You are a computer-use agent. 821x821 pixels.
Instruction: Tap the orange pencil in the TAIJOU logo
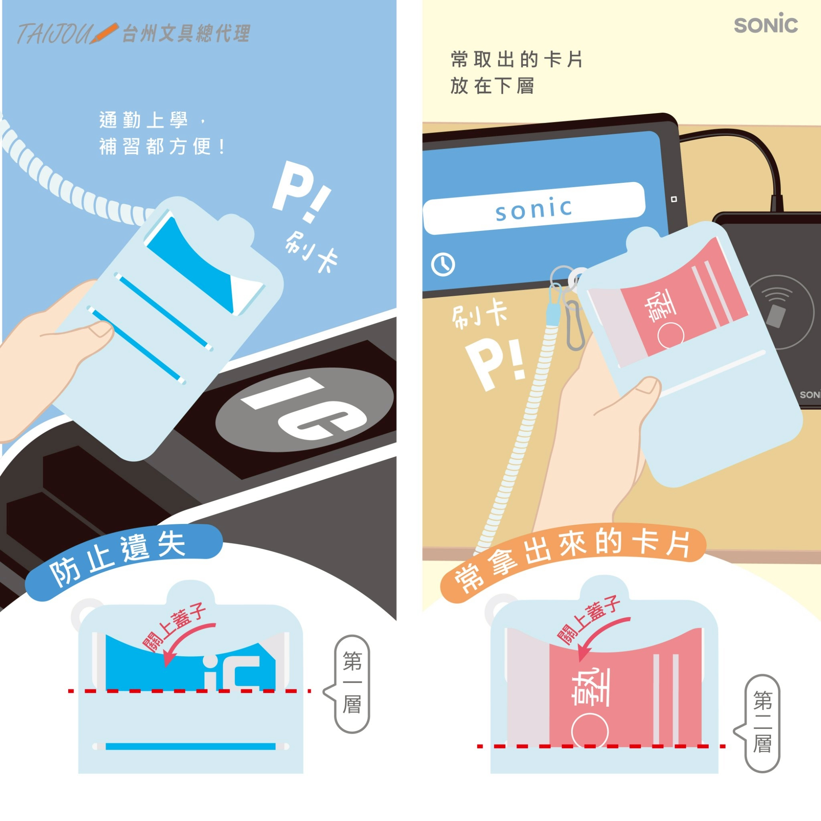(103, 33)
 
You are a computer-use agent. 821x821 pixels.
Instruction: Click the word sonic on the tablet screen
(534, 209)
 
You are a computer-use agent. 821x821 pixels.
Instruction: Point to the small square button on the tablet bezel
(673, 199)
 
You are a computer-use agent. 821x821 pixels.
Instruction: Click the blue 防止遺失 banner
(123, 561)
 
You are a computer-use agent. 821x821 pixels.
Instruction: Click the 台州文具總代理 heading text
(186, 34)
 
